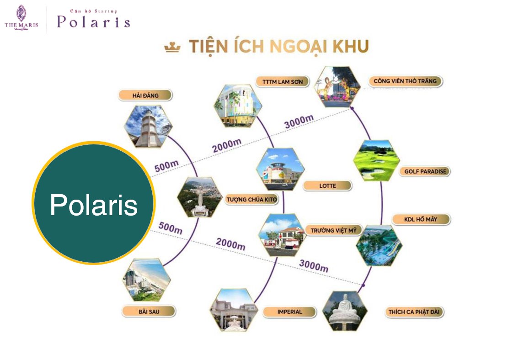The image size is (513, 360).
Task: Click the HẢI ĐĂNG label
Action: click(145, 95)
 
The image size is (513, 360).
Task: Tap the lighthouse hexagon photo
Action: click(149, 126)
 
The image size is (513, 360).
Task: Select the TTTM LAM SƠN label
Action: click(283, 81)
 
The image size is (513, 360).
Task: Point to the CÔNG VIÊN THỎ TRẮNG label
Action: click(405, 81)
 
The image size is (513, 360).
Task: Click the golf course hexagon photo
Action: click(377, 160)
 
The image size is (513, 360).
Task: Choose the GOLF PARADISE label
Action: click(425, 171)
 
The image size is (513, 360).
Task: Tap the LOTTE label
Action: click(327, 186)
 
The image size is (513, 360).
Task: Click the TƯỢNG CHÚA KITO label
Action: click(251, 199)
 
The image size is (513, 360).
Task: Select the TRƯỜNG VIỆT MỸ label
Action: click(333, 230)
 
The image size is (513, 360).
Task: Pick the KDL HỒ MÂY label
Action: click(421, 219)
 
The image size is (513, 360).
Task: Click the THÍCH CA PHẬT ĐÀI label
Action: click(414, 312)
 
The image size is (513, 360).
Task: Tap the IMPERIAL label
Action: click(289, 312)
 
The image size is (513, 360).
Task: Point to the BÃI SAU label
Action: click(149, 311)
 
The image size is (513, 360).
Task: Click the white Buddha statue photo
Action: click(345, 311)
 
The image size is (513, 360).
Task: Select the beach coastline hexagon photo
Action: click(147, 280)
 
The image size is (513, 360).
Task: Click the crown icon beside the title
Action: click(172, 47)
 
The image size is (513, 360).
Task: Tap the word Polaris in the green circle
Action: click(94, 205)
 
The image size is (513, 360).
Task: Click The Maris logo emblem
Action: click(21, 13)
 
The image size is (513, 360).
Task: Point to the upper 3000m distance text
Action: click(299, 122)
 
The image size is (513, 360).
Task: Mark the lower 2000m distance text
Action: click(230, 244)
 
